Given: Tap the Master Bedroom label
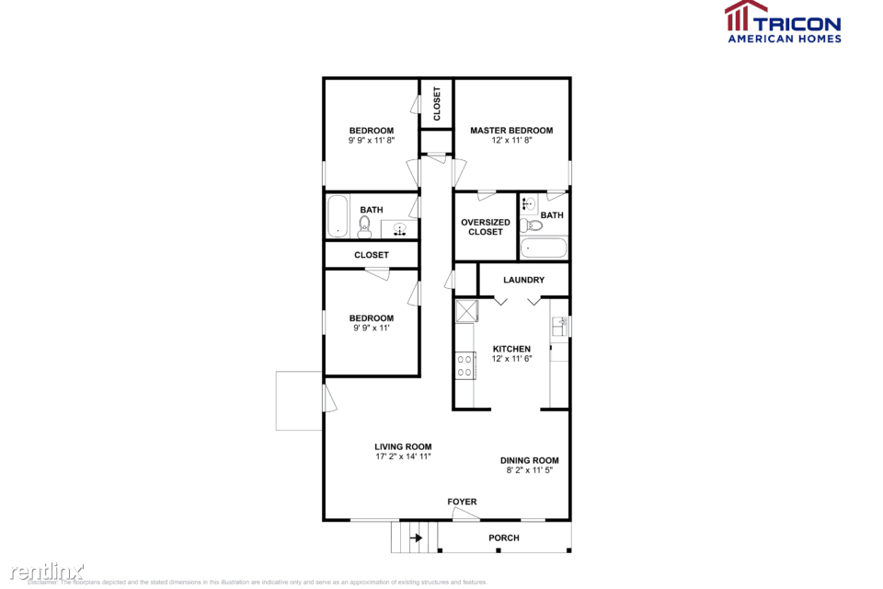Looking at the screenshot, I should (511, 131).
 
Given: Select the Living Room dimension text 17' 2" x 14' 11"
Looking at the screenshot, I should (403, 456).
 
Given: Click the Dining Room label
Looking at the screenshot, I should (529, 460).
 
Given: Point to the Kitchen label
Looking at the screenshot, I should (511, 349).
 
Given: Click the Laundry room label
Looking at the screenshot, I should (523, 280).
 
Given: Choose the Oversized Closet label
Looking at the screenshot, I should (485, 226).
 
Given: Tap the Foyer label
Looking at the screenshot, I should (462, 502).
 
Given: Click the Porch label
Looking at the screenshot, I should (504, 537).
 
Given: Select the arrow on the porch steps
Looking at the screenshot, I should (416, 537).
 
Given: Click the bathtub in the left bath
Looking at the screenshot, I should (338, 217).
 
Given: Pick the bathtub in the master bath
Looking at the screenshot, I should (543, 248).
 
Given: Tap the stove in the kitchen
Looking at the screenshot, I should (464, 366).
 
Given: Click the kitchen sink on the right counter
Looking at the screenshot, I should (558, 326).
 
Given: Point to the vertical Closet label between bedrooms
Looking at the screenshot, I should (437, 103).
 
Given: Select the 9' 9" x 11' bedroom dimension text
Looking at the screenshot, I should (371, 329).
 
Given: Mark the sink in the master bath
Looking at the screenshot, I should (529, 204).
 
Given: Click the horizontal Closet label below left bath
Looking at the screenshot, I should (372, 255).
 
